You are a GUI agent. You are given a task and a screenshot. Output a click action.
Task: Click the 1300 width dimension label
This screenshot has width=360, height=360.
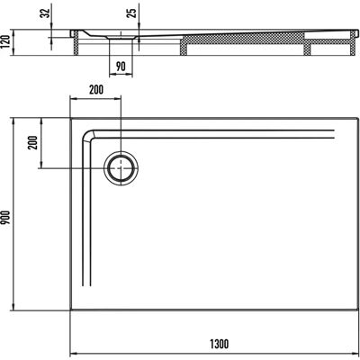point(219,344)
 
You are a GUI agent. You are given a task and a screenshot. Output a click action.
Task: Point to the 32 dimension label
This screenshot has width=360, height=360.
point(46,13)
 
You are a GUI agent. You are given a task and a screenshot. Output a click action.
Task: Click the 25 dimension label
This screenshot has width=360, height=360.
point(132,12)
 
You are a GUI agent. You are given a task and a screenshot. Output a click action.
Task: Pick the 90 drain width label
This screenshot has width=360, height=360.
point(121,67)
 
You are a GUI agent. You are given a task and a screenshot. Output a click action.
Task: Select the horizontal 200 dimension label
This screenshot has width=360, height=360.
point(95,89)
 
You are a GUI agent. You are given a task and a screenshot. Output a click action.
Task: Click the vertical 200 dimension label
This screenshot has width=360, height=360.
point(33,143)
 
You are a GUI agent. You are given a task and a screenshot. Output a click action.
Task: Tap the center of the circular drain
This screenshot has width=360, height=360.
point(121,168)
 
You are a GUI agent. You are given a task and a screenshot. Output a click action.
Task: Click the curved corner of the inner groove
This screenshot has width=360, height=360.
point(87,136)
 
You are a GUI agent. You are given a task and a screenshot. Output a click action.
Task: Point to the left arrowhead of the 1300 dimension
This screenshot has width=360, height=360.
point(72,354)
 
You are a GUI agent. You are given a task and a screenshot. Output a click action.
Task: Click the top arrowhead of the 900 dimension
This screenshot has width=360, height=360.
point(13,121)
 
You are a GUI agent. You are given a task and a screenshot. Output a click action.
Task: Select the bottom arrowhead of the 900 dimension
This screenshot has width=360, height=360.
point(13,308)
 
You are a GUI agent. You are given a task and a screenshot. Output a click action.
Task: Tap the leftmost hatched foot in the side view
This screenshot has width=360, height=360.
point(76,43)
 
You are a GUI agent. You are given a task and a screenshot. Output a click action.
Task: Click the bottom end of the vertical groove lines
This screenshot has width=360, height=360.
point(86,285)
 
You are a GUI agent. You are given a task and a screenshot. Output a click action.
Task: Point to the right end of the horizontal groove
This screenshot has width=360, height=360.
point(334,134)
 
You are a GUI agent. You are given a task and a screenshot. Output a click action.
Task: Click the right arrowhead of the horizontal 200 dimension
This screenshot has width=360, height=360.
point(118,98)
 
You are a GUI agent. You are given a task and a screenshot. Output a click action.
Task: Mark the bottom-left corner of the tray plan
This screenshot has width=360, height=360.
point(70,310)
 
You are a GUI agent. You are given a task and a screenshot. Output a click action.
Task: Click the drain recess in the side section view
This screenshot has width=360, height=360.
point(121,37)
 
